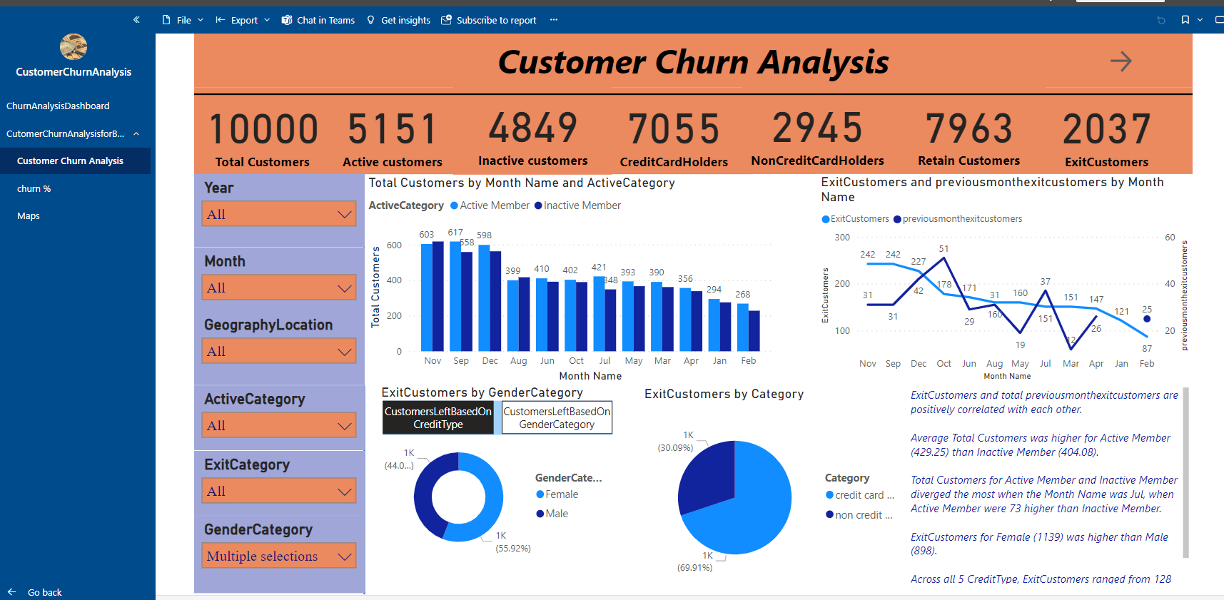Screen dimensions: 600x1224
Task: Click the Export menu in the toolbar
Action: click(243, 20)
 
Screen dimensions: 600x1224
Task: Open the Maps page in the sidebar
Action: click(29, 215)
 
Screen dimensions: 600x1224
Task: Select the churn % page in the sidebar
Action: click(34, 188)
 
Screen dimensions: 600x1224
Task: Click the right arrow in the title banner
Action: click(1121, 61)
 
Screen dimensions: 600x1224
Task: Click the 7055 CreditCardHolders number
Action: click(673, 129)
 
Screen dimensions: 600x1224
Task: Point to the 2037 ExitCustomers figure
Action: click(1106, 129)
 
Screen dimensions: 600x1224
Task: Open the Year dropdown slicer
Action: click(279, 214)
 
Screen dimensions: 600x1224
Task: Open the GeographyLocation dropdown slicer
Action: click(279, 351)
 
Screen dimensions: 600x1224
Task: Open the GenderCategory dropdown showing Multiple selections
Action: click(279, 556)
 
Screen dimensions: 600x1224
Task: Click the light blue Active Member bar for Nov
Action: click(427, 297)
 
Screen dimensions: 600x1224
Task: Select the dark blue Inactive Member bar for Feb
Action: click(754, 330)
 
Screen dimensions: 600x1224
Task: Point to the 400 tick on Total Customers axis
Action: click(394, 280)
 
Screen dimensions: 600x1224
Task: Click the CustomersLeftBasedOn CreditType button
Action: click(437, 417)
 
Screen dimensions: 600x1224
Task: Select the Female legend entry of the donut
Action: click(561, 494)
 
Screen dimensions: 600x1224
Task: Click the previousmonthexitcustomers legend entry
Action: click(961, 219)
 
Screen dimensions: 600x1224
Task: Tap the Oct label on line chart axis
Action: click(944, 363)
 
